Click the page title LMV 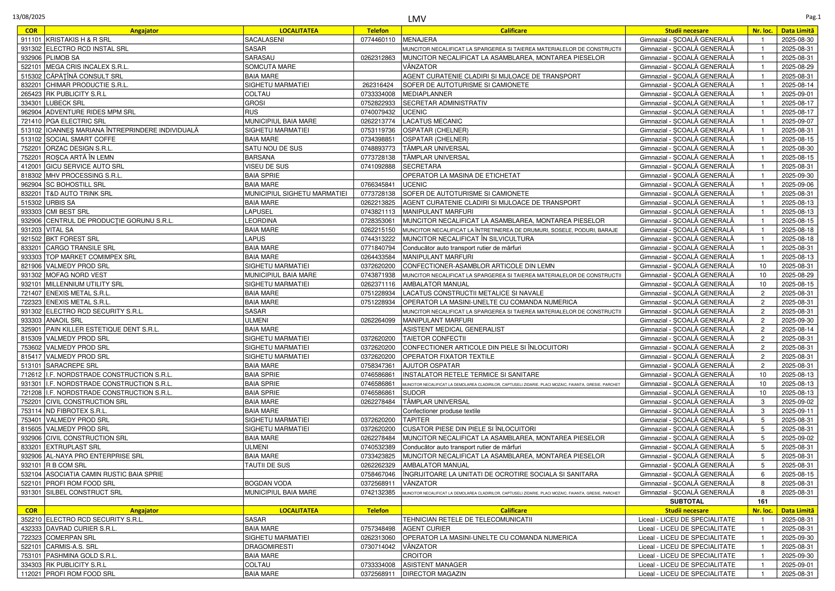(417, 19)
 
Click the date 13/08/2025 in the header (29, 17)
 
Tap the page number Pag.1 (813, 17)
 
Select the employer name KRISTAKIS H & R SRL (79, 40)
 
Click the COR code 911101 (31, 40)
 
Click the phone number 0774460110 (378, 40)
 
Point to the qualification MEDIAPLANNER (427, 94)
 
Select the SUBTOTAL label (686, 501)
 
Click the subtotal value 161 (762, 501)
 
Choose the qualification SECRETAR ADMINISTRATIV (445, 103)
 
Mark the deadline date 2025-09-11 (797, 411)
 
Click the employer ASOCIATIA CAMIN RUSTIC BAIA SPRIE (104, 474)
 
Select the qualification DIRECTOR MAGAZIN (434, 574)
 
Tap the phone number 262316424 (378, 85)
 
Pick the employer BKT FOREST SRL (72, 239)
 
